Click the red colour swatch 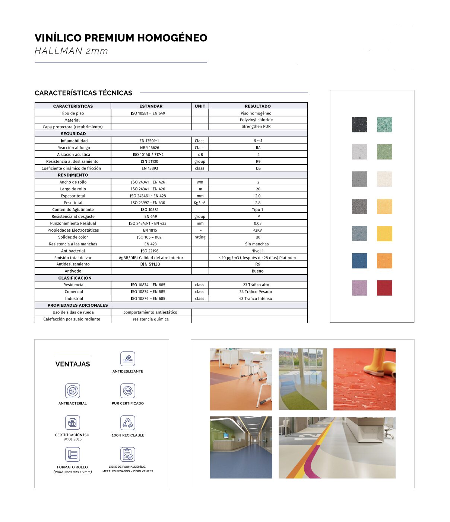click(x=384, y=288)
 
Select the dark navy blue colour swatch click(x=359, y=261)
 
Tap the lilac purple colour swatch click(x=359, y=288)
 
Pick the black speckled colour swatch click(x=359, y=125)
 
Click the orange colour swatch click(x=384, y=261)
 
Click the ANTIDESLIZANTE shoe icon click(x=128, y=359)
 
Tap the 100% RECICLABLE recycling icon click(x=128, y=423)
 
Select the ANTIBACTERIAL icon click(x=73, y=391)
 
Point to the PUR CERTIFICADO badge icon click(x=128, y=391)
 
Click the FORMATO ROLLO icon click(x=73, y=454)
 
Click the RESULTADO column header click(x=258, y=106)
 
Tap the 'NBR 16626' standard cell click(x=149, y=148)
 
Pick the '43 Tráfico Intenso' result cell click(x=256, y=299)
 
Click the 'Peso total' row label click(x=73, y=203)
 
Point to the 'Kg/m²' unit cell click(x=200, y=203)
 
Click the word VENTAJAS click(x=73, y=364)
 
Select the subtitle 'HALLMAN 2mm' click(x=71, y=51)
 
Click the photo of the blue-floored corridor click(x=241, y=447)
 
